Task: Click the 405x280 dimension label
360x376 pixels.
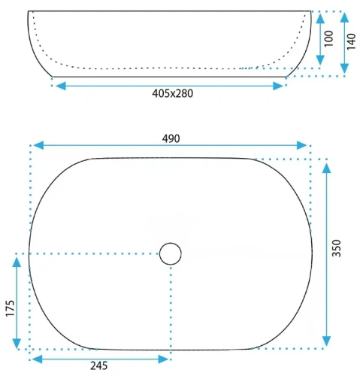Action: pos(173,93)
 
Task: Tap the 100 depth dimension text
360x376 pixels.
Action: pos(329,38)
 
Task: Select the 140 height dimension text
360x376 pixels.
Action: pos(351,41)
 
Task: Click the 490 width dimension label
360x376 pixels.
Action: pos(171,138)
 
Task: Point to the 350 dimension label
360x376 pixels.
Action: pos(337,248)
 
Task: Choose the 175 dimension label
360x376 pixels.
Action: pos(10,308)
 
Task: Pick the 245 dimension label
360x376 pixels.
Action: pos(99,365)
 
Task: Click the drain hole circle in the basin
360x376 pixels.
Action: pos(171,253)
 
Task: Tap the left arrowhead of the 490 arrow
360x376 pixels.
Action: pos(38,145)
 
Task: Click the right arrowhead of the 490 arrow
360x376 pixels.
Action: pos(301,145)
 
